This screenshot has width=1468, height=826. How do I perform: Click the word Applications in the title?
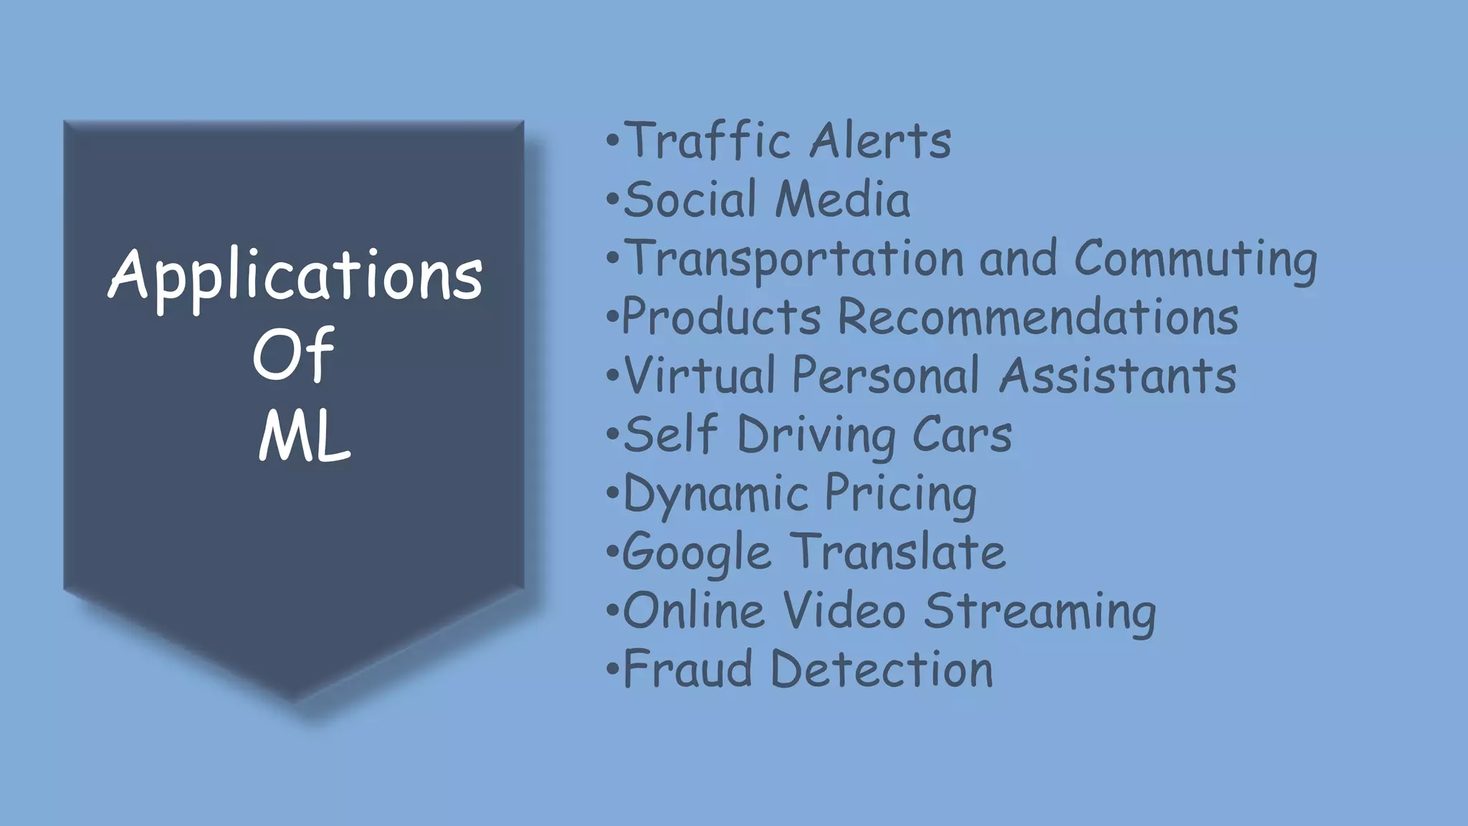coord(295,277)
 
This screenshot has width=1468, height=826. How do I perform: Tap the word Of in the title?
coord(293,355)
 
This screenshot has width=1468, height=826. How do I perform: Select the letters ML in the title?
coord(304,437)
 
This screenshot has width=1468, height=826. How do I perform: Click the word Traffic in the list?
coord(707,140)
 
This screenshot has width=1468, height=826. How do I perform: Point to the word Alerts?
coord(880,140)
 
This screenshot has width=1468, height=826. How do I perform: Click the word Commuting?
coord(1195,259)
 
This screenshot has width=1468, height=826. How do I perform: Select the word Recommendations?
coord(1038,316)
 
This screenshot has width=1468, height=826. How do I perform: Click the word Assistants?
coord(1117,375)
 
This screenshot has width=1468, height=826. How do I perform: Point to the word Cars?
coord(962,435)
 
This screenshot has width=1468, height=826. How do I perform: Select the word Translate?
coord(899,552)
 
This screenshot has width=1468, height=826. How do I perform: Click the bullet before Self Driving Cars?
coord(611,435)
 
